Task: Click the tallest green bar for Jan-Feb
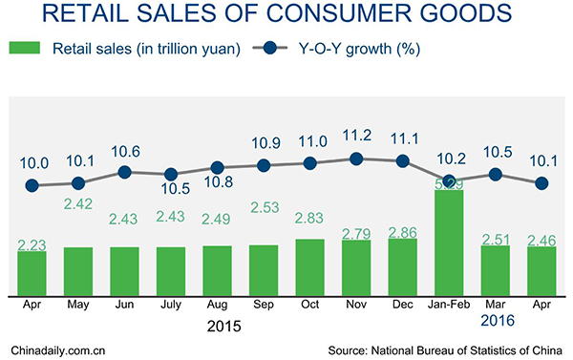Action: [x=449, y=243]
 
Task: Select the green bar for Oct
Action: [x=309, y=266]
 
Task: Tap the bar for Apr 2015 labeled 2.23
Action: [x=32, y=272]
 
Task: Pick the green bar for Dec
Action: [x=402, y=266]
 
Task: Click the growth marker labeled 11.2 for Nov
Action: [x=356, y=159]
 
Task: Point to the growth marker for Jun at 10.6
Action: [x=124, y=172]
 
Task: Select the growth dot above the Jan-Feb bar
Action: [x=449, y=180]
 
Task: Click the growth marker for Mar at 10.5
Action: [x=495, y=175]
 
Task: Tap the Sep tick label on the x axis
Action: [x=263, y=307]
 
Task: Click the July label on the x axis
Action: [x=171, y=307]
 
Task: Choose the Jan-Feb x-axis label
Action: [x=449, y=307]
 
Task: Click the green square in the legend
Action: [x=25, y=48]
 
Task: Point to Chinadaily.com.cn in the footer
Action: [x=56, y=350]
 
